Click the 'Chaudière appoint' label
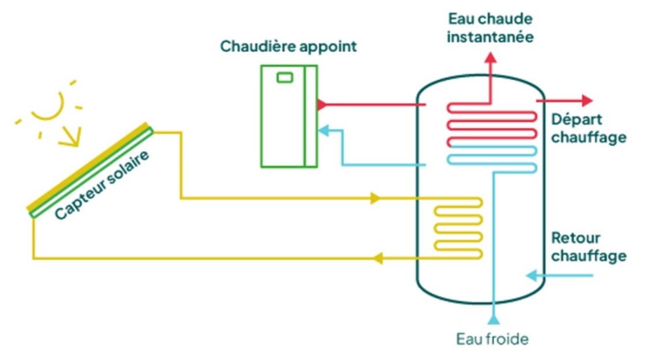point(288,47)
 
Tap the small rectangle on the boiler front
point(285,77)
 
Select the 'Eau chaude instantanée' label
point(490,28)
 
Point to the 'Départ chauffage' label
point(588,129)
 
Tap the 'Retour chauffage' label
point(588,246)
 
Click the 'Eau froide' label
point(492,339)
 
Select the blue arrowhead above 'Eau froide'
point(493,318)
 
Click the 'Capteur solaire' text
point(102,185)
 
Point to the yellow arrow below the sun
point(69,138)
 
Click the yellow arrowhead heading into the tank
point(376,199)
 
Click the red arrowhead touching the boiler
point(321,105)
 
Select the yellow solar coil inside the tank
point(457,228)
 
